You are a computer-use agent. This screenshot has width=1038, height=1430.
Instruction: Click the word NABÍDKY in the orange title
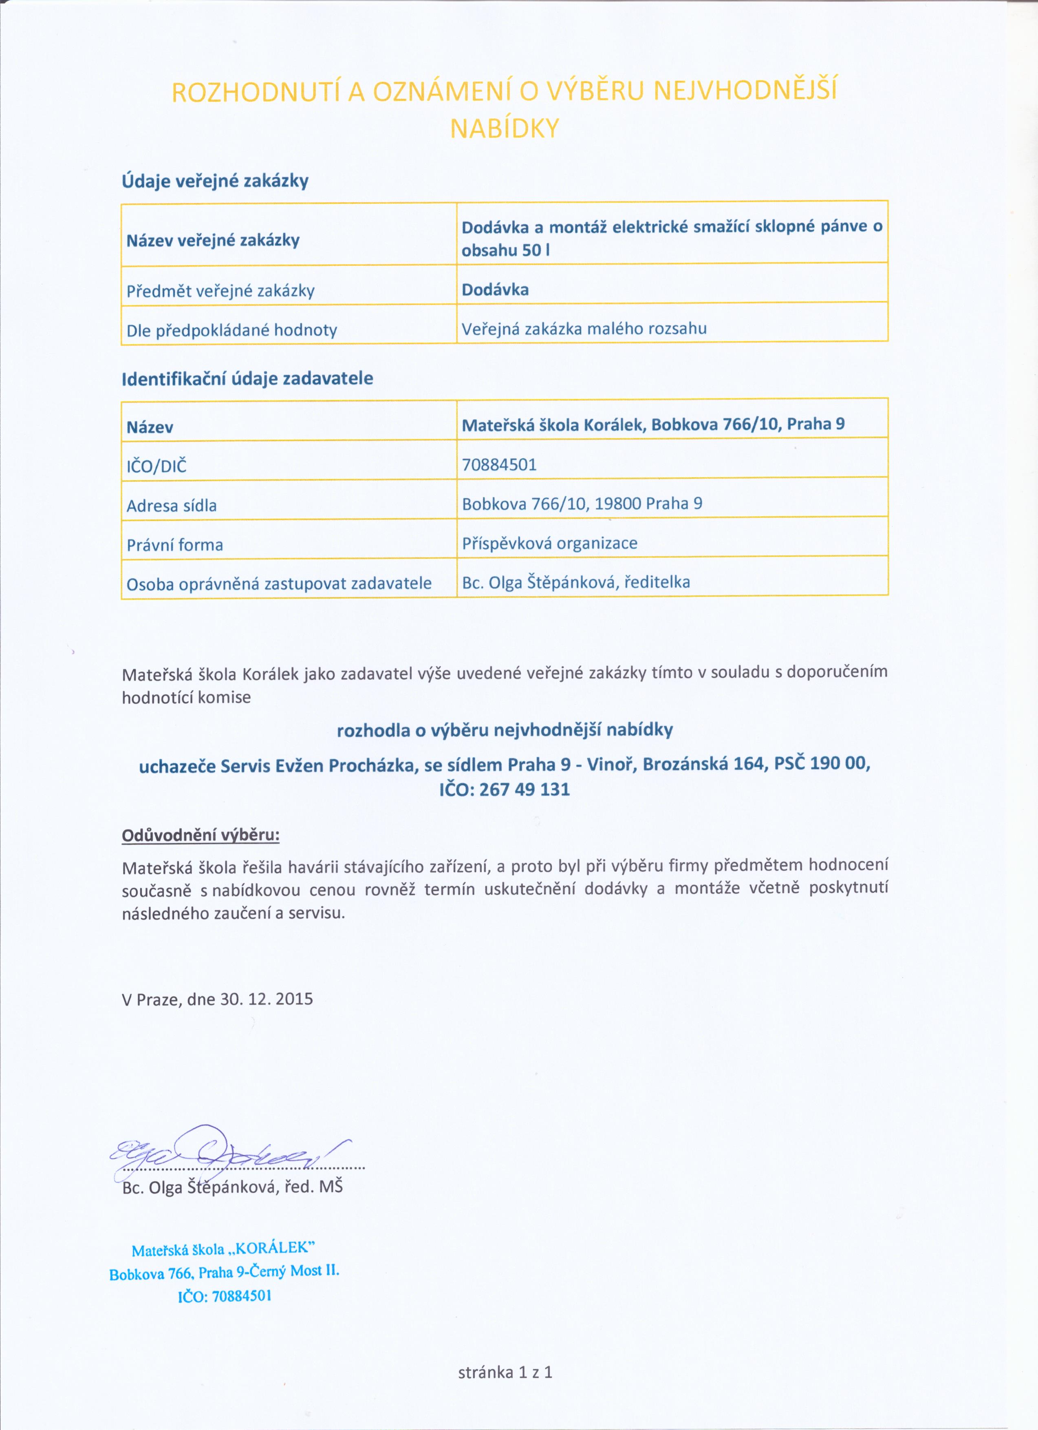pyautogui.click(x=504, y=128)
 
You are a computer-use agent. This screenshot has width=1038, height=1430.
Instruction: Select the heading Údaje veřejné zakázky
pyautogui.click(x=215, y=181)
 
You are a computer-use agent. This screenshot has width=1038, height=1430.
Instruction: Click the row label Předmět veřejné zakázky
pyautogui.click(x=220, y=291)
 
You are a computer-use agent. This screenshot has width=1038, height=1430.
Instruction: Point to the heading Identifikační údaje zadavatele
pyautogui.click(x=247, y=379)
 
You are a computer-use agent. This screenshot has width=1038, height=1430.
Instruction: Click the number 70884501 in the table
pyautogui.click(x=499, y=465)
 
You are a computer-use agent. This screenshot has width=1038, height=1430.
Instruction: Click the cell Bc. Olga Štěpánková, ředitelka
pyautogui.click(x=575, y=582)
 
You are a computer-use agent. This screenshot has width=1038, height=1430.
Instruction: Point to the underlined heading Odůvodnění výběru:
pyautogui.click(x=201, y=835)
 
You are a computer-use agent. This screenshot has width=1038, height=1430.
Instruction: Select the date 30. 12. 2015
pyautogui.click(x=267, y=999)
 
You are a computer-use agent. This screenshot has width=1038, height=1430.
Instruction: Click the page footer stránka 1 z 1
pyautogui.click(x=505, y=1372)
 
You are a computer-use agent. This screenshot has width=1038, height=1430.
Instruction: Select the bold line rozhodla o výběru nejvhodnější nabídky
pyautogui.click(x=505, y=730)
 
